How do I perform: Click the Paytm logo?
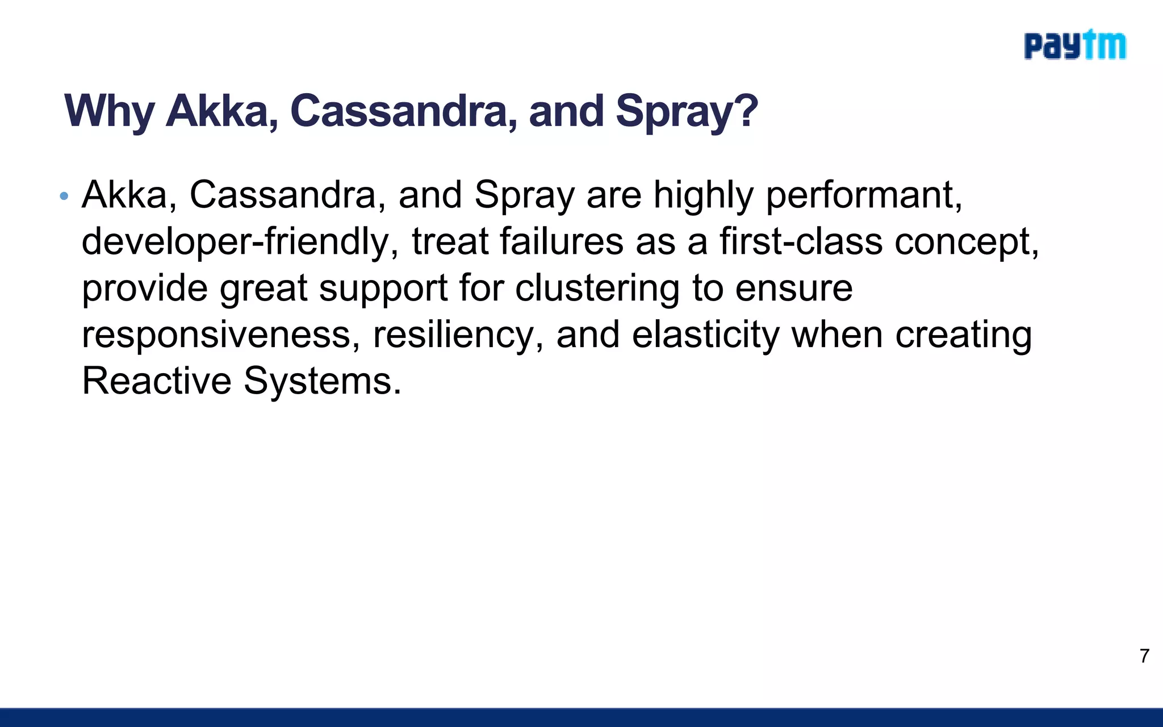(x=1074, y=45)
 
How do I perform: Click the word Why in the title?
(x=109, y=111)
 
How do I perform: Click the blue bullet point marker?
(x=64, y=197)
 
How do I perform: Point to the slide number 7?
(x=1144, y=656)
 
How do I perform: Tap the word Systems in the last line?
(x=321, y=382)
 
